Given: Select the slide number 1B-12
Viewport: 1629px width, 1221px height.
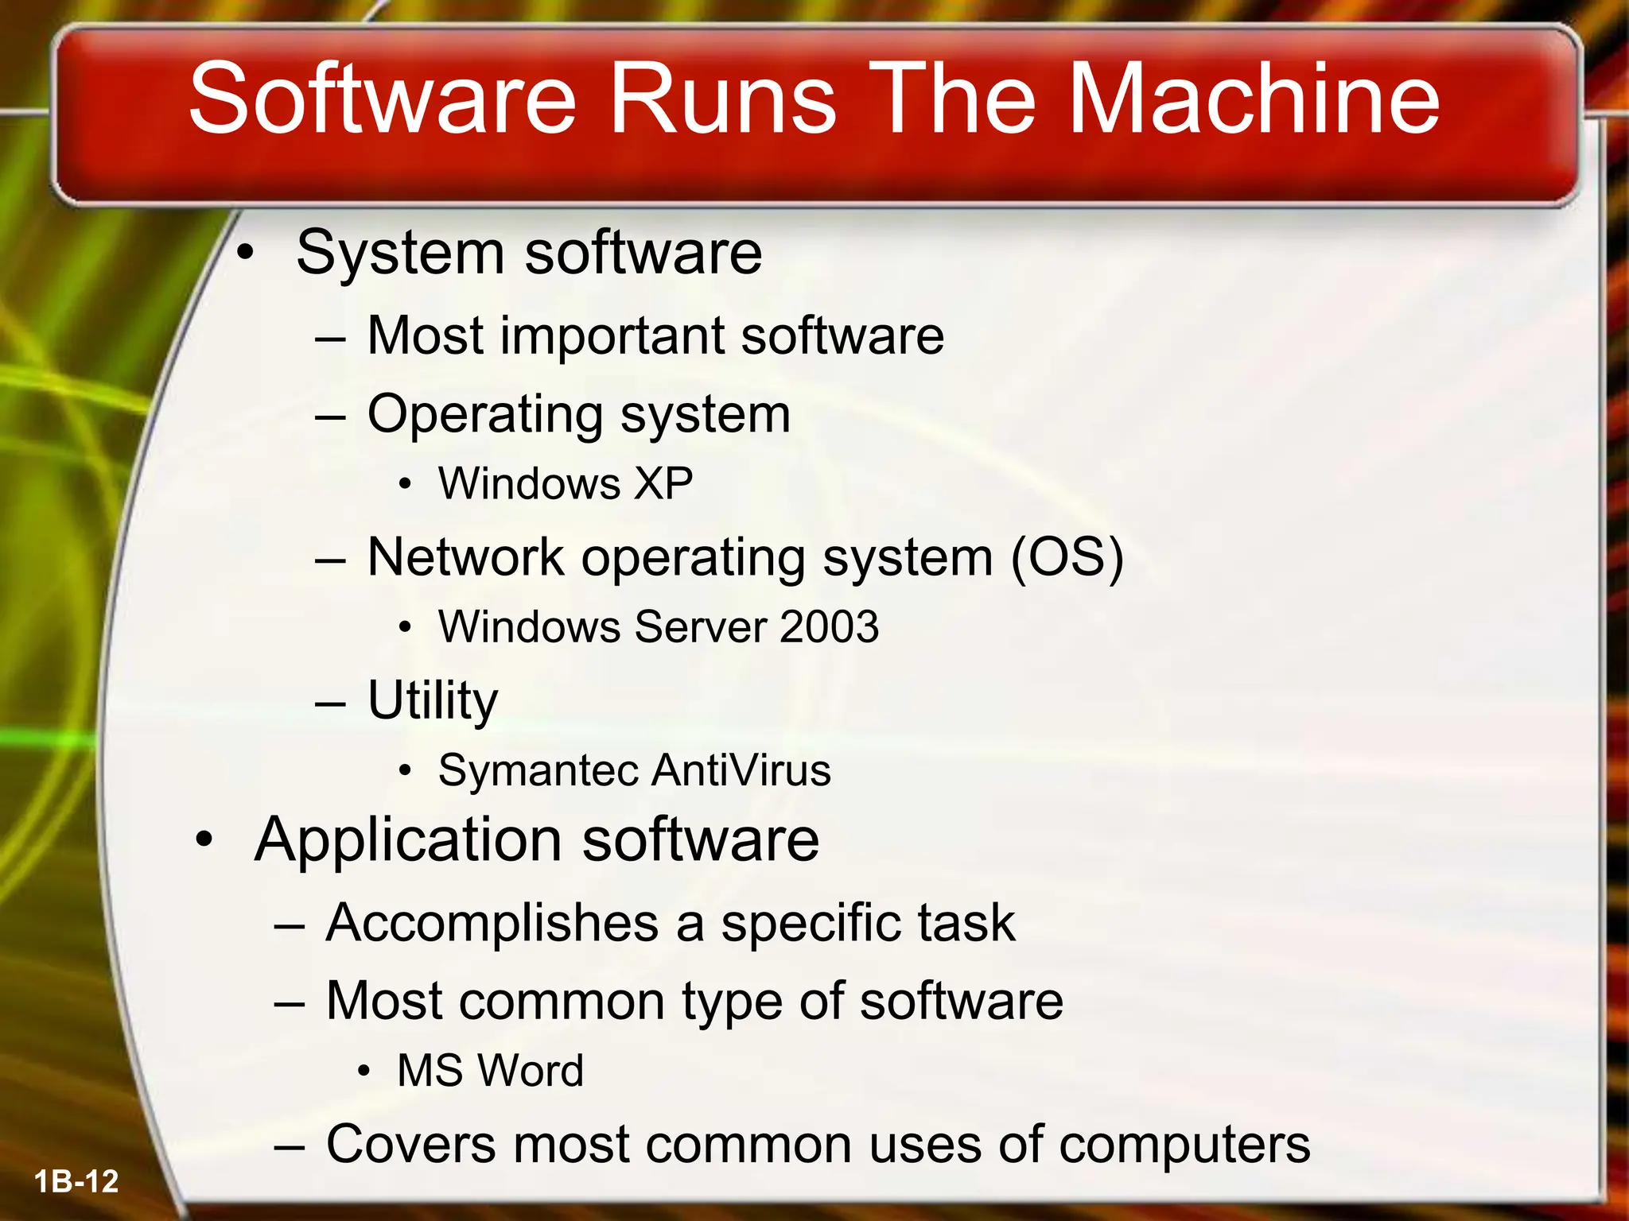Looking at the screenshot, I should (76, 1181).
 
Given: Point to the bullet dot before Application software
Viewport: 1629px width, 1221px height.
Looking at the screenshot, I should (204, 839).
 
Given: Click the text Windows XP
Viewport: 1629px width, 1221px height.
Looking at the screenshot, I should (565, 483).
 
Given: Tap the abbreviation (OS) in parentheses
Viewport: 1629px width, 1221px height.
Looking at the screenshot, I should (1067, 556).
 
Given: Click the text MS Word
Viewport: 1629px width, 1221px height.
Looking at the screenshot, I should (490, 1070).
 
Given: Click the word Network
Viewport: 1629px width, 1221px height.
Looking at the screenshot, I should (465, 556).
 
